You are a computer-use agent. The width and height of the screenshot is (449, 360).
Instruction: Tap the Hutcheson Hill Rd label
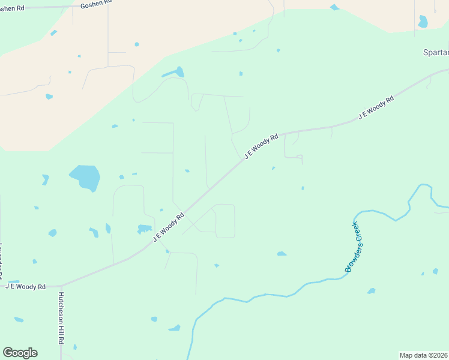coord(61,318)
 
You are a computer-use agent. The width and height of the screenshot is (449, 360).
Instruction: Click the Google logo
coord(20,353)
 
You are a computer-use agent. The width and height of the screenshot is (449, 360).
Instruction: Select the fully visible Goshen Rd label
coord(95,4)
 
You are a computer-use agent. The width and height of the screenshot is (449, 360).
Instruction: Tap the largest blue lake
coord(85,177)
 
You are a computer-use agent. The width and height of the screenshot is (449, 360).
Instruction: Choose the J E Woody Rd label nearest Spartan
coord(376,107)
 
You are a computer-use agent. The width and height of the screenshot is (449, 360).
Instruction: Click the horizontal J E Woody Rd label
coord(25,287)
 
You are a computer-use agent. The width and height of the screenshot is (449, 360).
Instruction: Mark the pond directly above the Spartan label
coord(423,22)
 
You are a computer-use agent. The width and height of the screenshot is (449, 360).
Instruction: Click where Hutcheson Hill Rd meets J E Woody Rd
coord(61,286)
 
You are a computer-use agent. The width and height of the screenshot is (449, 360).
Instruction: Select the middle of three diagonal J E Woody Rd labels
coord(262,146)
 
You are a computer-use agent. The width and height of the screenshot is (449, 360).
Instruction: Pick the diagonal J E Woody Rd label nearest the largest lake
coord(169,227)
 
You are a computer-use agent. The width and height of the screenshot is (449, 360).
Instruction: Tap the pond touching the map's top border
coord(334,7)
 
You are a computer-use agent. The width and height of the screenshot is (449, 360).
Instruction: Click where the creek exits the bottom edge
coord(190,358)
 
